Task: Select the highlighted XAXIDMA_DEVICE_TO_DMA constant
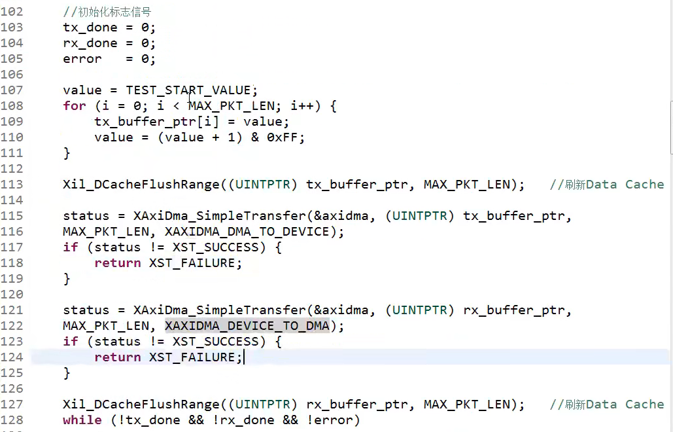247,326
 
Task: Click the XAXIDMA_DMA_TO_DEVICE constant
247,232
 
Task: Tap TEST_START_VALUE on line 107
188,90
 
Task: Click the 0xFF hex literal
286,137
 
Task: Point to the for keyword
75,106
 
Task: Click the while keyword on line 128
82,420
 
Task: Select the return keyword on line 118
118,263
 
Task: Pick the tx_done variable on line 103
90,27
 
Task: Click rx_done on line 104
90,43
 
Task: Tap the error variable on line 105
82,59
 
